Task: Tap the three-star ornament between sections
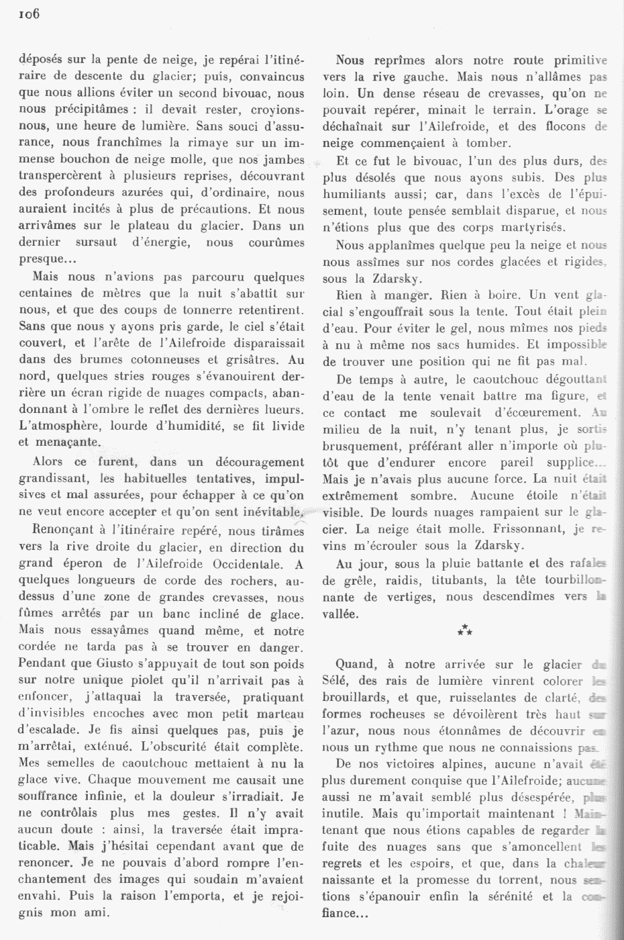(x=464, y=629)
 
